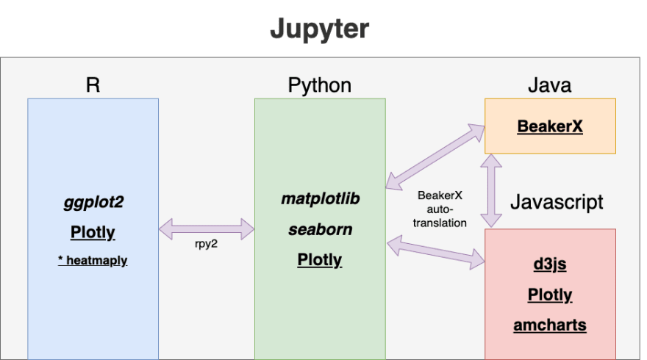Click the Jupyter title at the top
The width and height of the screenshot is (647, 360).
(318, 29)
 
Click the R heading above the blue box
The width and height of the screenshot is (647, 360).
(93, 84)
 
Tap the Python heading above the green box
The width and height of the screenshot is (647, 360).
(319, 85)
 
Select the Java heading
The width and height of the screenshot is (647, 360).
(550, 84)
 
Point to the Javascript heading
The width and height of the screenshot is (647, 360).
(557, 201)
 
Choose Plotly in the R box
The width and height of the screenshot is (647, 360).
(93, 232)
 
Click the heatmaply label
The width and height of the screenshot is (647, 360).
(93, 260)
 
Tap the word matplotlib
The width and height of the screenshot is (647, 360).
(320, 198)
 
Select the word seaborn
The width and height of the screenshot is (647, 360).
(320, 229)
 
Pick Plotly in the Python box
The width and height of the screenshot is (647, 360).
(320, 259)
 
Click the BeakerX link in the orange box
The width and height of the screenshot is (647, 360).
(550, 126)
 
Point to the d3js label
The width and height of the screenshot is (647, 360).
(550, 264)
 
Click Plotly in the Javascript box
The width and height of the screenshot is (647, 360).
(550, 295)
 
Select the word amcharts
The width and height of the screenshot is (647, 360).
(550, 325)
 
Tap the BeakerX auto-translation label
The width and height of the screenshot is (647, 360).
(441, 209)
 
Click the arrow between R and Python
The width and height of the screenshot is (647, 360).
(206, 228)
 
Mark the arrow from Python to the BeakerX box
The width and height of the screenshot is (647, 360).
(435, 156)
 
